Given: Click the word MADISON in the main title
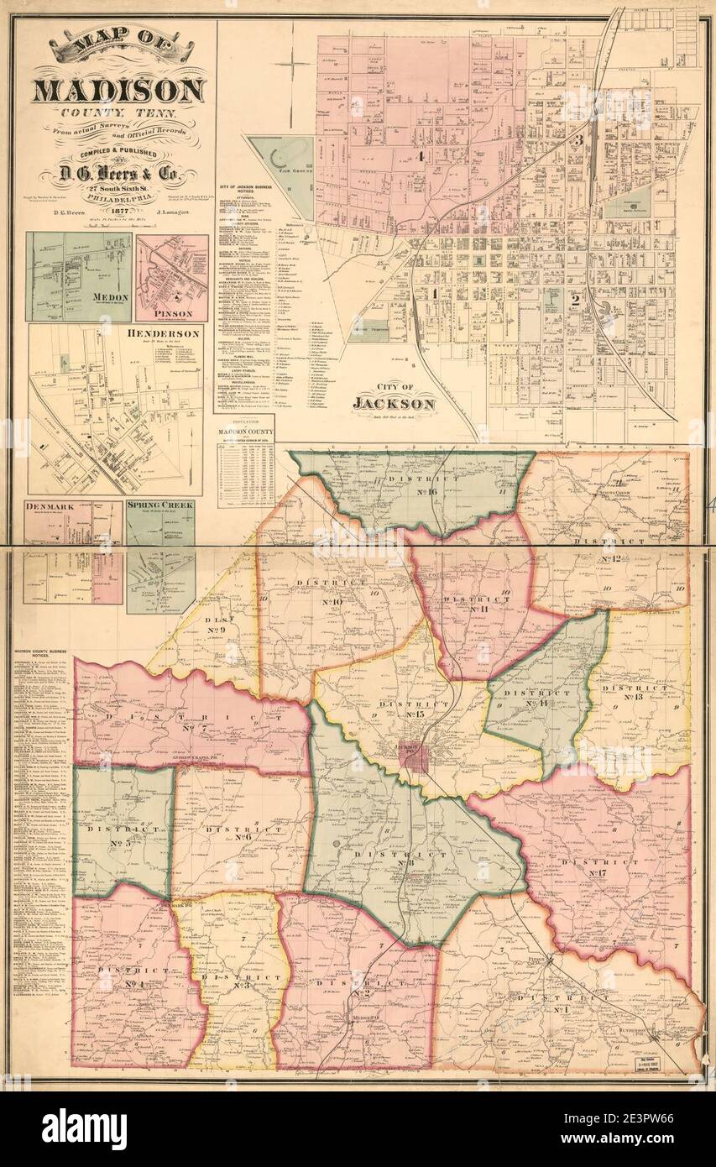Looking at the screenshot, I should click(118, 90).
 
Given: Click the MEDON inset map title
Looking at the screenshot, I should click(111, 297).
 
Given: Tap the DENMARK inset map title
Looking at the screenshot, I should click(50, 507).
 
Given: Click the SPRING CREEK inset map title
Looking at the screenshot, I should click(159, 505).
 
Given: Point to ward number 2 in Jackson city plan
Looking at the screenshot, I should click(575, 298).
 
